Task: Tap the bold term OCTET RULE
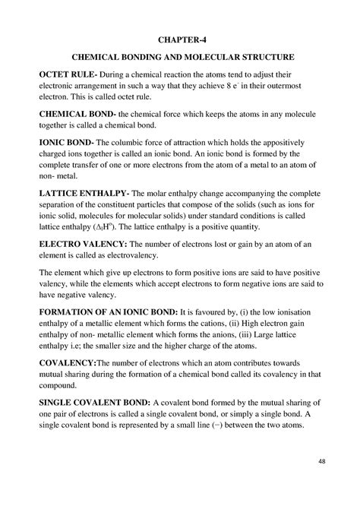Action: pos(68,77)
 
